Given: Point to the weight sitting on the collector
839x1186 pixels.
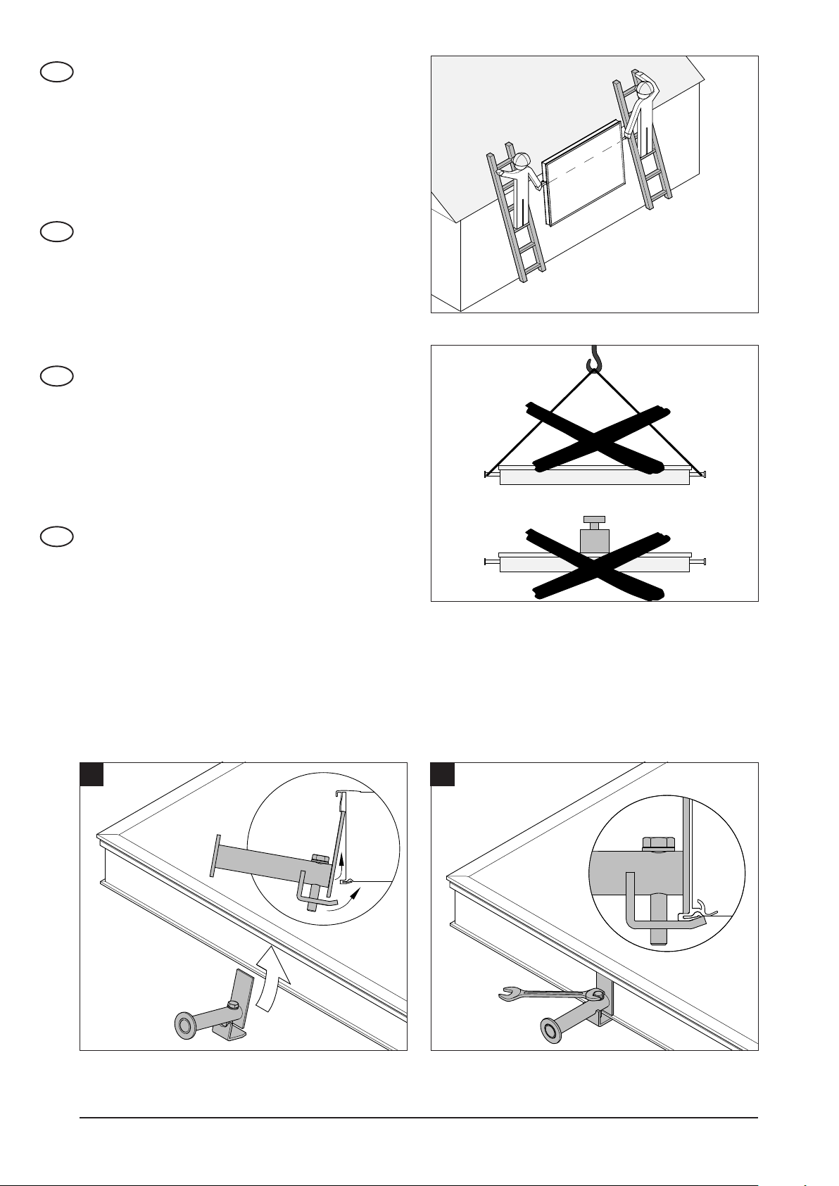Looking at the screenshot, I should (594, 536).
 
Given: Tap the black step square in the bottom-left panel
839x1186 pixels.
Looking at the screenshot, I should (92, 774).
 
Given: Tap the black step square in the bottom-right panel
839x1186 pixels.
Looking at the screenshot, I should (442, 774).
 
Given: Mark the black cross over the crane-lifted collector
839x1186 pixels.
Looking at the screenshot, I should (595, 439).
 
